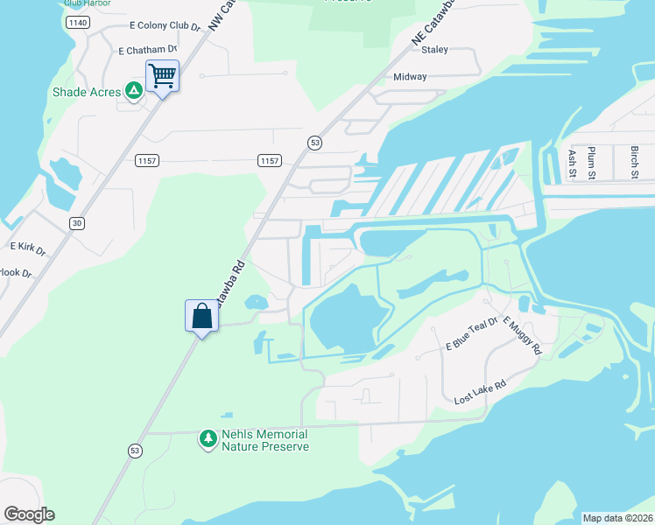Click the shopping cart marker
162,76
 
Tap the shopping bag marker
201,316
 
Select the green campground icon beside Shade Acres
133,90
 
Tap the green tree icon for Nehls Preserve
208,439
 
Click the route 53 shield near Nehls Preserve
134,450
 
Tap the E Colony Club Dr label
165,26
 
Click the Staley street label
434,50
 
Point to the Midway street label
410,77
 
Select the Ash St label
572,163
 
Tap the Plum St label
592,163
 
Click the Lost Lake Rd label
480,391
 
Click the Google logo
29,514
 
